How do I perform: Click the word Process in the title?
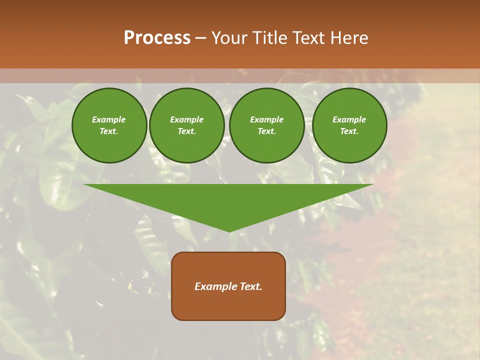pyautogui.click(x=157, y=38)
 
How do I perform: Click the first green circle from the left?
pyautogui.click(x=109, y=125)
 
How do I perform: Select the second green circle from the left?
pyautogui.click(x=187, y=125)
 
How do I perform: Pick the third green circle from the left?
pyautogui.click(x=267, y=125)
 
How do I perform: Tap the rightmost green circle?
pyautogui.click(x=349, y=125)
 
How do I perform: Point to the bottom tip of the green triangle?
pyautogui.click(x=229, y=231)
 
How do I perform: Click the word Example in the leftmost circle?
pyautogui.click(x=109, y=119)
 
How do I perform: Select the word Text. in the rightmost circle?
pyautogui.click(x=349, y=131)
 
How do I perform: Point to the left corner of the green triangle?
pyautogui.click(x=84, y=185)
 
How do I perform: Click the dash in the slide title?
pyautogui.click(x=200, y=38)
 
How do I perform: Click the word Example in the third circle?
pyautogui.click(x=267, y=119)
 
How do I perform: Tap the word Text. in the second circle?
pyautogui.click(x=187, y=131)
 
